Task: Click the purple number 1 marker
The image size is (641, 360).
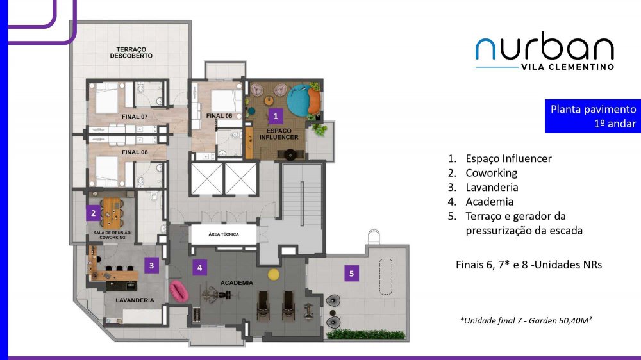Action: [276, 116]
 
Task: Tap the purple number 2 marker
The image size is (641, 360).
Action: [93, 213]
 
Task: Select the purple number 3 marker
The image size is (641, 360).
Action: [152, 266]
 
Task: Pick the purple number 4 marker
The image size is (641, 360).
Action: [199, 268]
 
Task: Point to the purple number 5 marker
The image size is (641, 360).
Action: [351, 274]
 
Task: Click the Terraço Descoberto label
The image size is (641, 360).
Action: [131, 53]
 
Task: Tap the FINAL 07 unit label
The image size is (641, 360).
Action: [135, 117]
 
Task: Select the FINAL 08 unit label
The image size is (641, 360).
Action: [135, 152]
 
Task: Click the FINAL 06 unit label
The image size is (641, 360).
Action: [219, 116]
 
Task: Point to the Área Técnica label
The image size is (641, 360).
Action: [224, 234]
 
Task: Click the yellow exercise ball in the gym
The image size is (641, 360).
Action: [274, 274]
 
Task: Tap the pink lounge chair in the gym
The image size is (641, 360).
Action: [179, 291]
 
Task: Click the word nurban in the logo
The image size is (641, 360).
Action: [544, 45]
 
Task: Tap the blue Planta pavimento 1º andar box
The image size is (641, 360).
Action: [593, 116]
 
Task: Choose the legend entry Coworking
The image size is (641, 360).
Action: [492, 173]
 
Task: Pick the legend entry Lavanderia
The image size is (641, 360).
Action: [492, 187]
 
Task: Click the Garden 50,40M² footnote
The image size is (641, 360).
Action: [526, 320]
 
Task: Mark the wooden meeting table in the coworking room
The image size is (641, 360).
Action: [112, 213]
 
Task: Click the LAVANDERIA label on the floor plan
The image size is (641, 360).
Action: [135, 300]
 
